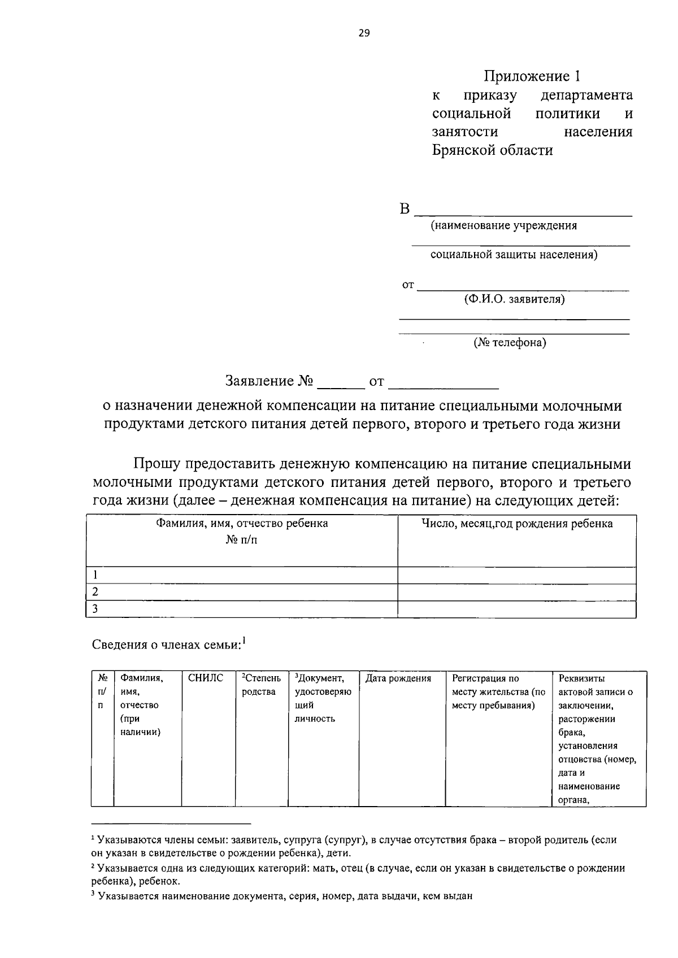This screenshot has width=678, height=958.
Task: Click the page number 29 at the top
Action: tap(364, 33)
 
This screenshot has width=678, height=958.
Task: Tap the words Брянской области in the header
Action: tap(492, 150)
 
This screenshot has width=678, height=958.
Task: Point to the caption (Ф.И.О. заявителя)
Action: tap(514, 299)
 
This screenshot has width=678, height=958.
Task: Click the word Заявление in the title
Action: tap(259, 381)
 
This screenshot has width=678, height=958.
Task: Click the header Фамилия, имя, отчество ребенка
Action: tap(242, 524)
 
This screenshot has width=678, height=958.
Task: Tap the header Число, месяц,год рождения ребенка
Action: tap(517, 524)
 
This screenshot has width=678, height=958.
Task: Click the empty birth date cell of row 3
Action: tap(517, 609)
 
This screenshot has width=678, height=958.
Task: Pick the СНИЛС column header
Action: tap(206, 678)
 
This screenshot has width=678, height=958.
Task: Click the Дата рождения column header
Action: tap(398, 678)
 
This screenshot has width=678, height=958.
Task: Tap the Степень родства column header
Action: tap(261, 685)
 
